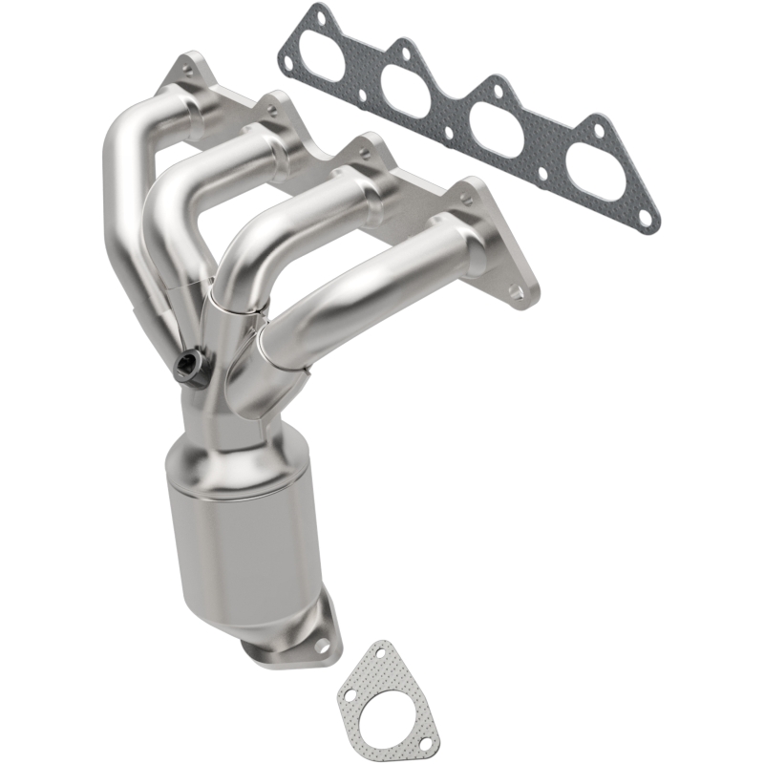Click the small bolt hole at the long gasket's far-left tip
click(287, 65)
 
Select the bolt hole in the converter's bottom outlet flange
click(322, 647)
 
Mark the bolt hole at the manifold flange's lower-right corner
click(516, 291)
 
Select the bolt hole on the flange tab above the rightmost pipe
click(467, 200)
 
